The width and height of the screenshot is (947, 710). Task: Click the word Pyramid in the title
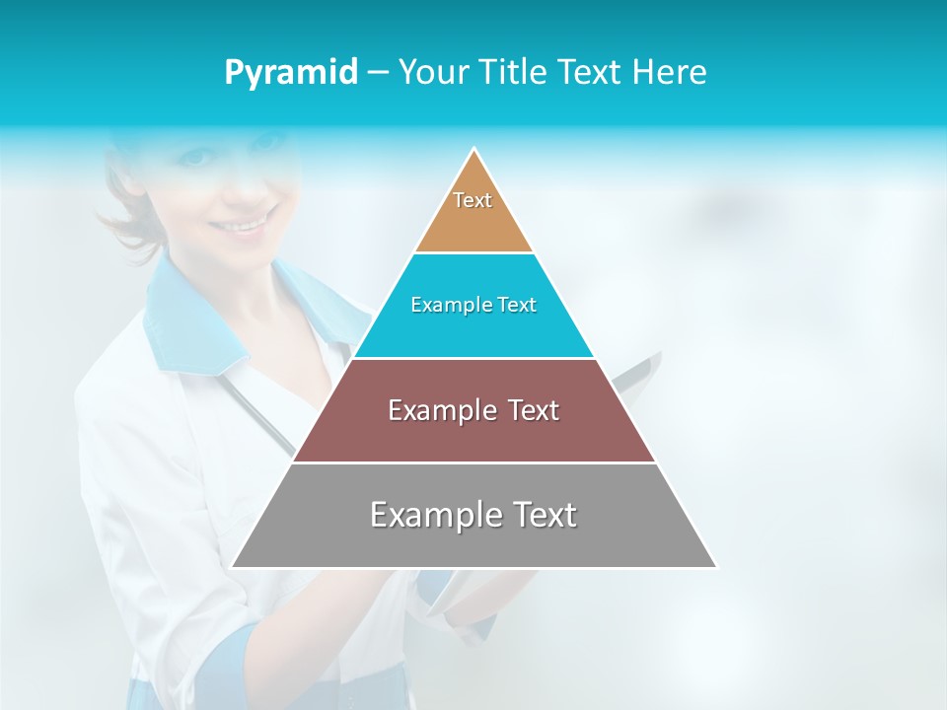tap(291, 73)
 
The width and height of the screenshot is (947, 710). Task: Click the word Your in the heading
tap(435, 73)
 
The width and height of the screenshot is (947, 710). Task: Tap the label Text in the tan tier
tap(473, 200)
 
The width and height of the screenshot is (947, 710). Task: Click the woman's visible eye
tap(199, 157)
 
